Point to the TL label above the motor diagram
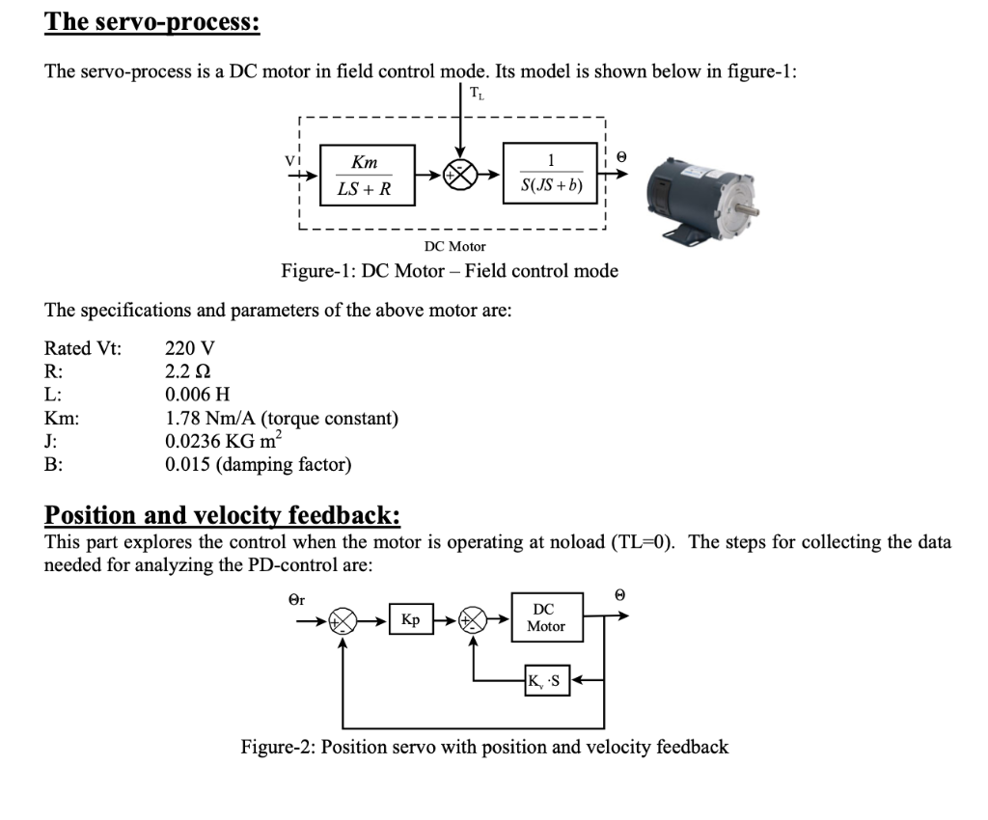(478, 94)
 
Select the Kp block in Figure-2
(410, 619)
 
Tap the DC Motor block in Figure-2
(547, 618)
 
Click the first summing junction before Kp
(343, 620)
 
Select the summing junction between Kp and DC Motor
(473, 620)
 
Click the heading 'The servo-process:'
(151, 21)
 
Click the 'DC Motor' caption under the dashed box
(454, 247)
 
